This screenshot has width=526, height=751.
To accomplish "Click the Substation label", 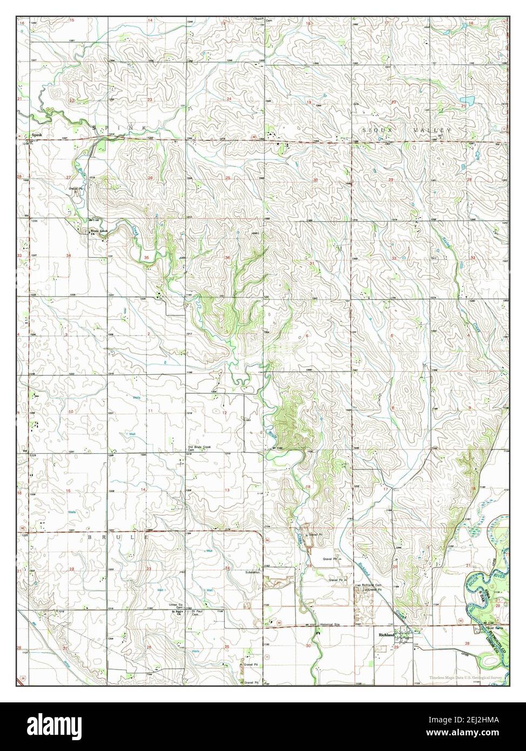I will click(252, 572).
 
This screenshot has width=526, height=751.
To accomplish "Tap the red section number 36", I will click(228, 257).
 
